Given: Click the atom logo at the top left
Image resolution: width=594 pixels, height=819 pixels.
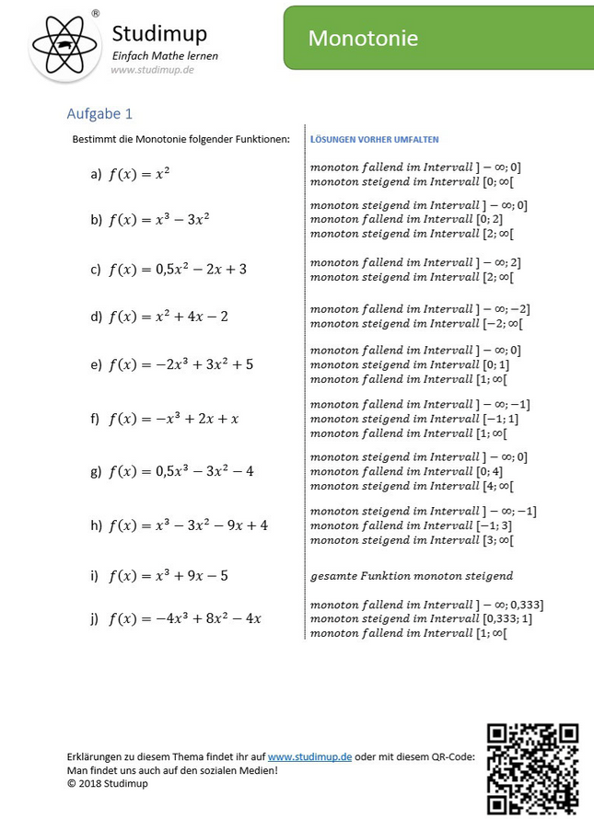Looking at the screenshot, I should tap(64, 44).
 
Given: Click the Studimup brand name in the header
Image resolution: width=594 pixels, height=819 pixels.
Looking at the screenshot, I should tap(159, 34).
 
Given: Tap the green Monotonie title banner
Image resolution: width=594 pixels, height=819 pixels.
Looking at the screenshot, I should tap(438, 38).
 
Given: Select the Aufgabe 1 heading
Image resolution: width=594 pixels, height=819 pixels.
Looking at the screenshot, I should tap(99, 114).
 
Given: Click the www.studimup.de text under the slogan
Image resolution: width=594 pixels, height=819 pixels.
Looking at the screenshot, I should tap(152, 70).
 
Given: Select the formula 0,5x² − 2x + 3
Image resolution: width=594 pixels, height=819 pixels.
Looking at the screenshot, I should tap(178, 270).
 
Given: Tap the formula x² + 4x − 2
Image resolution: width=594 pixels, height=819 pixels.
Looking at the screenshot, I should tap(169, 317).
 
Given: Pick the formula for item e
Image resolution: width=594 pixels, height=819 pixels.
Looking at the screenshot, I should tap(181, 364).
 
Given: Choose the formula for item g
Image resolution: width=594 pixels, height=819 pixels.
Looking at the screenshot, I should tap(181, 471).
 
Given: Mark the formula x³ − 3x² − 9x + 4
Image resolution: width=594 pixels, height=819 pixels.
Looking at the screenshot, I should tap(189, 525).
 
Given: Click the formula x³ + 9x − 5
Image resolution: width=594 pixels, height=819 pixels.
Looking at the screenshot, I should tap(169, 576).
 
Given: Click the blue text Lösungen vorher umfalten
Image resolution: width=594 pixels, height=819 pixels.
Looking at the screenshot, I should tap(375, 140).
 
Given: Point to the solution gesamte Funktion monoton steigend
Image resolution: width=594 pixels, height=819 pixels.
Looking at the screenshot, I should tap(412, 576).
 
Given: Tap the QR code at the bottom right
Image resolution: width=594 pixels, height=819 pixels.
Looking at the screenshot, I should tap(532, 768).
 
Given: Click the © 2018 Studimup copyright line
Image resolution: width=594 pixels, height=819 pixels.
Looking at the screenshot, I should tap(107, 784).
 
